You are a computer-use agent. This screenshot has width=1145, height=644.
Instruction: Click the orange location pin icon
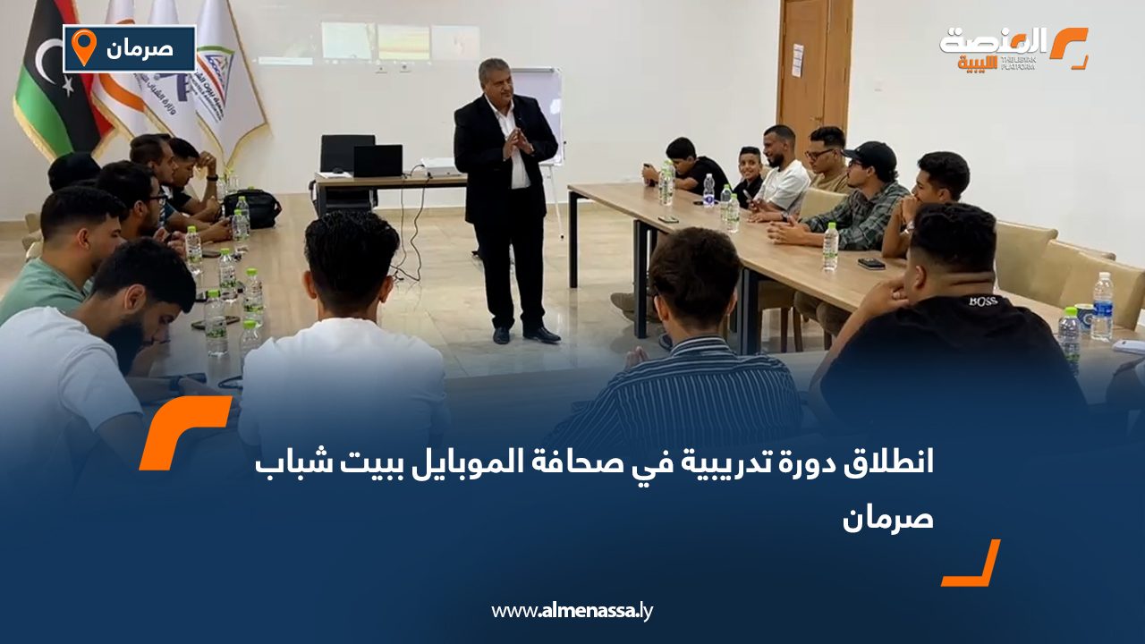83,47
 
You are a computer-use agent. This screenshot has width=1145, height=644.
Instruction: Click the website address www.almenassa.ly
572,611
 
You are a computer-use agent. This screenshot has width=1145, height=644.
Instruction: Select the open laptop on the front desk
377,161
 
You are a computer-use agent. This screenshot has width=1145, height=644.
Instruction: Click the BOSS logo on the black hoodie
982,301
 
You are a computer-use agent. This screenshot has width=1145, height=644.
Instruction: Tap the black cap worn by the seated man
871,156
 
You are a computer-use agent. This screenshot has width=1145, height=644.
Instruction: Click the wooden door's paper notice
797,60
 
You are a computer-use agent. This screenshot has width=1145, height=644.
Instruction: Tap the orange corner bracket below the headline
972,564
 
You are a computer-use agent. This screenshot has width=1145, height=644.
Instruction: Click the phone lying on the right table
870,264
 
